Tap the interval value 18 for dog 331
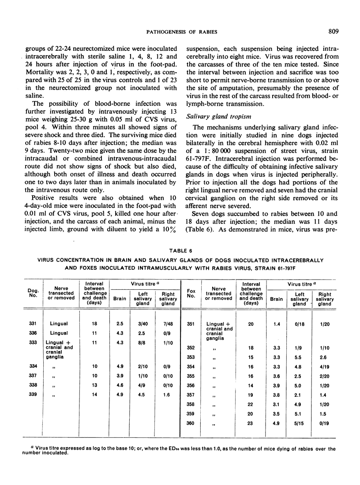pos(94,324)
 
